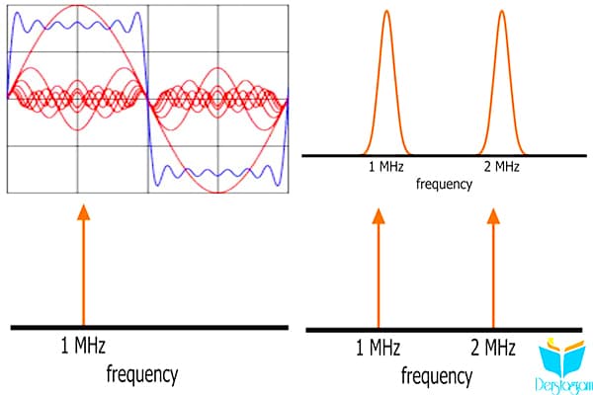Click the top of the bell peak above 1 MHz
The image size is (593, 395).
[x=386, y=11]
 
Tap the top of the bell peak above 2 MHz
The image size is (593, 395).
[x=502, y=11]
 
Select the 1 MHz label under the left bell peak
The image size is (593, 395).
[x=386, y=166]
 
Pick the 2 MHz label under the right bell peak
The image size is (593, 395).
[x=501, y=166]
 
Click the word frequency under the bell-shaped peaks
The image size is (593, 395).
[x=444, y=184]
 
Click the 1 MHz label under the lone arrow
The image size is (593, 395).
[x=83, y=345]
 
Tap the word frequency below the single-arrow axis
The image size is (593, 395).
[x=141, y=374]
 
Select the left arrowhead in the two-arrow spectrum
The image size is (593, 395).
[x=379, y=216]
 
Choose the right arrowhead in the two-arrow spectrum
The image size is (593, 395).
[x=493, y=216]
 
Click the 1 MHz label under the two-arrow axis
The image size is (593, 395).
[x=378, y=347]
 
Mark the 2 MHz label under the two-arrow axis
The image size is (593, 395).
[x=493, y=347]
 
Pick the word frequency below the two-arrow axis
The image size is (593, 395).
[x=437, y=376]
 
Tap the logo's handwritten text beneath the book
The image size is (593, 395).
[x=563, y=386]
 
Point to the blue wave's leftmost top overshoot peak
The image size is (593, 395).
[x=17, y=13]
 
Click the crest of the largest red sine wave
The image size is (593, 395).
[x=77, y=5]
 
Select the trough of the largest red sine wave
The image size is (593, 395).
[x=218, y=193]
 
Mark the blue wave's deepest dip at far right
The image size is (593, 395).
[x=279, y=186]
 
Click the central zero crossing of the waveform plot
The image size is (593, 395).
[x=148, y=99]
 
